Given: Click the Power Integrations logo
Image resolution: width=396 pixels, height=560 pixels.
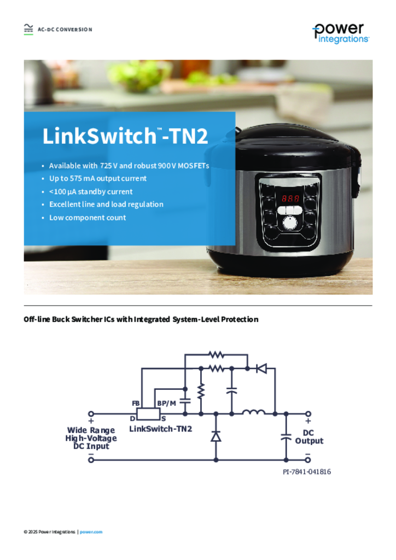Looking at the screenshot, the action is point(341,33).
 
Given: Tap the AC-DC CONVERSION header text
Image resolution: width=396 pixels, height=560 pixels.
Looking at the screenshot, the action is point(65,30).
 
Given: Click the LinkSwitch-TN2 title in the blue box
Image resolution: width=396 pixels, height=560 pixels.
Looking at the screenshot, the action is point(125,136).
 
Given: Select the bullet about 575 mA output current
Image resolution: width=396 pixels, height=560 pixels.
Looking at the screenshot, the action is point(98,178).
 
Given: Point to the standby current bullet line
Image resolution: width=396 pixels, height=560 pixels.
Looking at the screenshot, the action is point(91,191).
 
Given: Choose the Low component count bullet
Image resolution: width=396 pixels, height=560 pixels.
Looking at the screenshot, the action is point(88,218).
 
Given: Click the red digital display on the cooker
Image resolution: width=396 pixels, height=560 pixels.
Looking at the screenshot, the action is point(290,198).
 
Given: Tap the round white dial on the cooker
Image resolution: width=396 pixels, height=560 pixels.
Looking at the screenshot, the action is point(290,223).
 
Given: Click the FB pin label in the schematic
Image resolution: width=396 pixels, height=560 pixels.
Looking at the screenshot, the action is point(136,403).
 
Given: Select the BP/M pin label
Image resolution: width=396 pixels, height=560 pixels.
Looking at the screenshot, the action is point(166,403).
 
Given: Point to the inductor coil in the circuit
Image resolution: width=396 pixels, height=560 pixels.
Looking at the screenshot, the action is point(254,412).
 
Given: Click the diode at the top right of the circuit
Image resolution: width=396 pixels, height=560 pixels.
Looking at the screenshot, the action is point(261,368).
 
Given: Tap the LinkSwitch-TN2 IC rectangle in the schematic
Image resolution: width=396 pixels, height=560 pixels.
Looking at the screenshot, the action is point(148,414).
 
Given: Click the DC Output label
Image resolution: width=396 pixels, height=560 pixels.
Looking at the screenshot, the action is point(309,437).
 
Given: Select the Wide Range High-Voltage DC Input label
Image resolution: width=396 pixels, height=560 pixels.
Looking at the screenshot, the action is point(91,438).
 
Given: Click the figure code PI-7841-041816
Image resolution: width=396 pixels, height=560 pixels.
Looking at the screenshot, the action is point(307,472).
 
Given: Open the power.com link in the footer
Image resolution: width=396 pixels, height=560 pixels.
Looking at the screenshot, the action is point(91,532).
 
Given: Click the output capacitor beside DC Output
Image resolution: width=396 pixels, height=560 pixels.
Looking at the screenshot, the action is point(286,436).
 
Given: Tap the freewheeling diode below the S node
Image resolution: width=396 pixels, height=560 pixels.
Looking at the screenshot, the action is point(216,436).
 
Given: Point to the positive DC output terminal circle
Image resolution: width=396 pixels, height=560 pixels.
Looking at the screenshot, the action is point(308,414).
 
